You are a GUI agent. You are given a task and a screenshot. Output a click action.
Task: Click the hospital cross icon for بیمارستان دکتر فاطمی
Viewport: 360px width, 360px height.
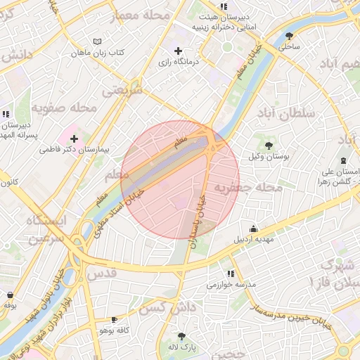(74, 139)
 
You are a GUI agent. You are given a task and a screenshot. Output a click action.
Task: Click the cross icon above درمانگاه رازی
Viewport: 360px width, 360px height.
(179, 51)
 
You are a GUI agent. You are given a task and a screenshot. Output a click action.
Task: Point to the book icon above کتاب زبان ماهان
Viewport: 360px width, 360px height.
(97, 42)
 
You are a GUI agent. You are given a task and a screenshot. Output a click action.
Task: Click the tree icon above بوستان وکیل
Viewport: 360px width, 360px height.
(269, 146)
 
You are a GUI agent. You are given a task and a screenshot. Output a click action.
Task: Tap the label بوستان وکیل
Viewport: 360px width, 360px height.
(269, 156)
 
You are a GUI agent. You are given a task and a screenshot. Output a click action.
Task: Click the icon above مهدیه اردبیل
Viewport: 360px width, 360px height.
(254, 229)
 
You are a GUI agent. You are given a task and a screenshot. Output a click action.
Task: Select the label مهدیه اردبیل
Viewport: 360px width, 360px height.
(254, 239)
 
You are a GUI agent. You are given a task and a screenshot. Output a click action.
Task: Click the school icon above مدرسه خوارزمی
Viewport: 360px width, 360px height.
(230, 274)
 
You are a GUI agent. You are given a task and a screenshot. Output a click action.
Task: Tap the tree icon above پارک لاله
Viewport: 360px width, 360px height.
(183, 336)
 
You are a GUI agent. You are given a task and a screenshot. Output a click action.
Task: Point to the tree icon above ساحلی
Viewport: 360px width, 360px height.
(289, 36)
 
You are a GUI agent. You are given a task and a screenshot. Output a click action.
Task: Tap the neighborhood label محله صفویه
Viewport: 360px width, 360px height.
(63, 108)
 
